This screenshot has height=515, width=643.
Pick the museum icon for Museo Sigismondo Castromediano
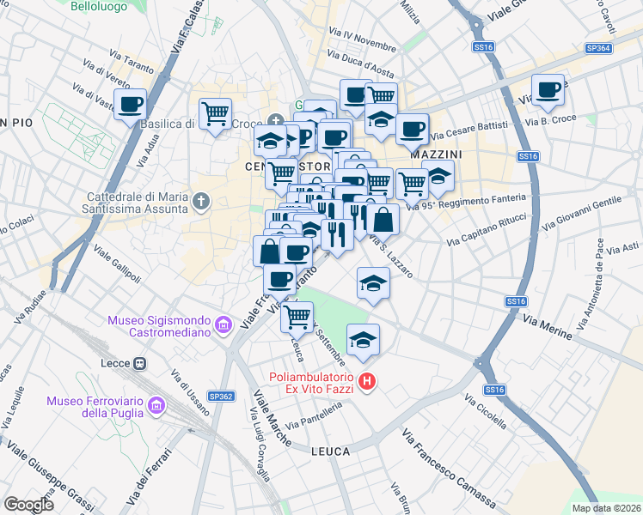[x=224, y=325]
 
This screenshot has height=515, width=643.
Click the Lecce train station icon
[x=138, y=363]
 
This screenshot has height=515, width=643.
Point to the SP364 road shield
[x=599, y=49]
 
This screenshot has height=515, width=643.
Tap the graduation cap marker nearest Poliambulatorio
[x=364, y=340]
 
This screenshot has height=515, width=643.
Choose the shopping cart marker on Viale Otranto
[x=297, y=317]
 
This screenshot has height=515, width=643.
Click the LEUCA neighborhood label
[x=330, y=451]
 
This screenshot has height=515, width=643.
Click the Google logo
[x=28, y=504]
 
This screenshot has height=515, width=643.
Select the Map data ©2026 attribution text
[x=606, y=508]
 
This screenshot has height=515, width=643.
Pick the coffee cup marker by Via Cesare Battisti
[x=412, y=129]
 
